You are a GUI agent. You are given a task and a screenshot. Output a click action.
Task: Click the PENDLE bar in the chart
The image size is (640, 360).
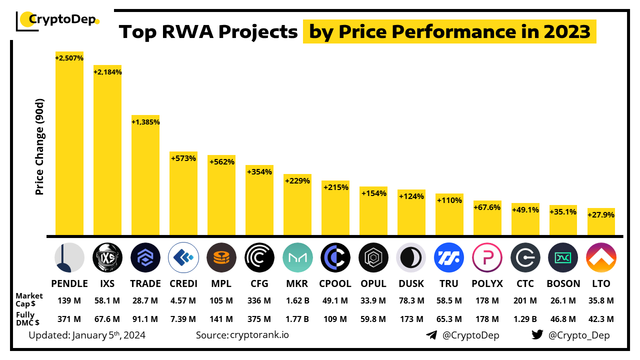69,145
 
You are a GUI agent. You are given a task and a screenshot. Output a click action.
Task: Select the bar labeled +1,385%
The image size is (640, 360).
145,175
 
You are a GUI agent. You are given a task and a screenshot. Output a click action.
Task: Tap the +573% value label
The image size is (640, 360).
183,158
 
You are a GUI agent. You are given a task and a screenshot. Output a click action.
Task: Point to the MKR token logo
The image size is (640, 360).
297,257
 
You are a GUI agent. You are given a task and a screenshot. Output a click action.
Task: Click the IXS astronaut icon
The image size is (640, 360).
107,257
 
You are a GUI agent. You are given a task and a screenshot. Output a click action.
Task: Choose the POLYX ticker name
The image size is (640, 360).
487,283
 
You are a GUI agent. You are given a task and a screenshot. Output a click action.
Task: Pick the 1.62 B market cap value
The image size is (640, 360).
297,300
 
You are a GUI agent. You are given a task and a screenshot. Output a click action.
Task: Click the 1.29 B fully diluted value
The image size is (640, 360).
525,319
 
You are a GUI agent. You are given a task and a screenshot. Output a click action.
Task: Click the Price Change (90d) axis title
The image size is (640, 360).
40,147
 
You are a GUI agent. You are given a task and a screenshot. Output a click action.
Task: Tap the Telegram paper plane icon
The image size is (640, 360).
431,335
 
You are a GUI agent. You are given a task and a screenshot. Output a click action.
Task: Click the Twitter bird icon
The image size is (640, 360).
537,335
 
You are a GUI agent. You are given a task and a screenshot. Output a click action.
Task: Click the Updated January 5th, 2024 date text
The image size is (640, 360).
87,335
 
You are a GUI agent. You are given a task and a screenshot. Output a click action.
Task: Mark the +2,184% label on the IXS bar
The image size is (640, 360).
107,72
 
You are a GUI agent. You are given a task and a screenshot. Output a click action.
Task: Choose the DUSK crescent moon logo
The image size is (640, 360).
411,257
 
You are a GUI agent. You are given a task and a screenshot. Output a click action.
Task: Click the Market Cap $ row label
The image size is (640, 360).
29,300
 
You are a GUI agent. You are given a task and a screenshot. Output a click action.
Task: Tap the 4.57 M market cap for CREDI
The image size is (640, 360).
183,300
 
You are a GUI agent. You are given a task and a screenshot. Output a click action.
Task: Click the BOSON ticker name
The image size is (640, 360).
563,283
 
